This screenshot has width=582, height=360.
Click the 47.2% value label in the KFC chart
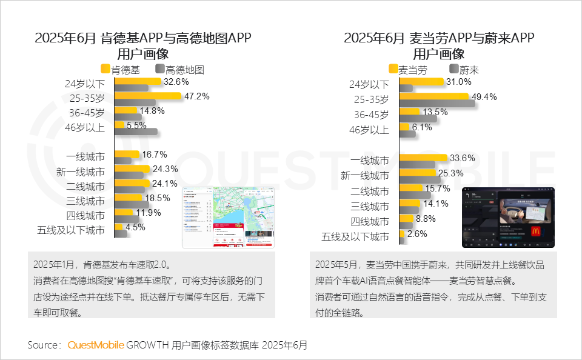(196, 96)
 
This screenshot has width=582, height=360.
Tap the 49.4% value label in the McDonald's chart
(484, 97)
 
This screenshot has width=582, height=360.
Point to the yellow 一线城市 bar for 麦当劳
(423, 158)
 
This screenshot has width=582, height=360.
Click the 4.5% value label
(136, 228)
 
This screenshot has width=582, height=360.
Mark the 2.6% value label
(416, 233)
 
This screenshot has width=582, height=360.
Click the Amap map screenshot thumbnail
(229, 218)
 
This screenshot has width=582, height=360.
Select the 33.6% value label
(462, 158)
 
